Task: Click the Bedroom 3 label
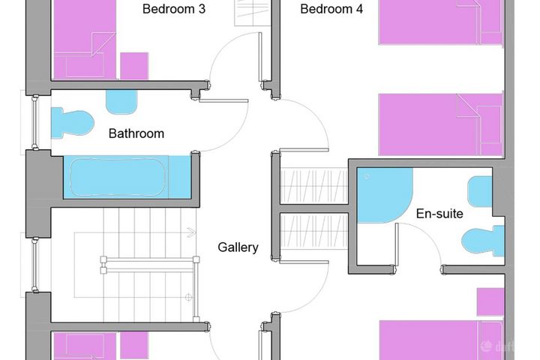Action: pyautogui.click(x=174, y=8)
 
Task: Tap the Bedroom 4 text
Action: pyautogui.click(x=331, y=8)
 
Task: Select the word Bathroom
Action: pyautogui.click(x=136, y=133)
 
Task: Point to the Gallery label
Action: pyautogui.click(x=238, y=247)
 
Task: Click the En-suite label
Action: pyautogui.click(x=439, y=214)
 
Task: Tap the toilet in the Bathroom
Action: pyautogui.click(x=72, y=123)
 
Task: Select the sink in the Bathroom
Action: pyautogui.click(x=121, y=102)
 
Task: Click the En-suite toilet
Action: pyautogui.click(x=483, y=241)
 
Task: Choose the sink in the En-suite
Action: pyautogui.click(x=480, y=191)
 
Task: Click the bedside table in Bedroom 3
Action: pyautogui.click(x=134, y=66)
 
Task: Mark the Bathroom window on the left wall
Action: pyautogui.click(x=34, y=122)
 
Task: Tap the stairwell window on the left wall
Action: pyautogui.click(x=34, y=265)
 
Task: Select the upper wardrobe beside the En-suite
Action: pyautogui.click(x=314, y=186)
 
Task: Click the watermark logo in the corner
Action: pyautogui.click(x=486, y=346)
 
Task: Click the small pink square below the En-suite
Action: pyautogui.click(x=490, y=302)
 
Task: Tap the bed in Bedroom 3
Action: pyautogui.click(x=84, y=40)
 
